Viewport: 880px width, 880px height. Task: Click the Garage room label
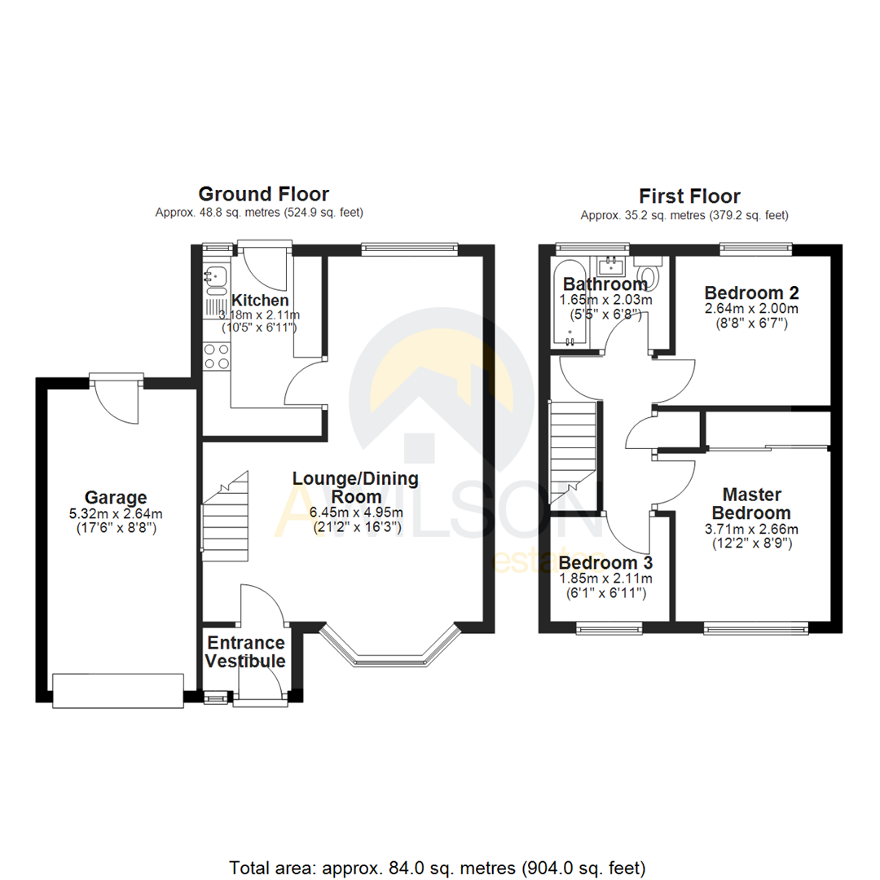click(x=116, y=497)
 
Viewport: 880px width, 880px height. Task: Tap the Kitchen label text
click(x=260, y=300)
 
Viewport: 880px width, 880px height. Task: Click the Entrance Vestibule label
click(x=245, y=652)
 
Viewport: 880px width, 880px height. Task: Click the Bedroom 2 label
click(x=751, y=293)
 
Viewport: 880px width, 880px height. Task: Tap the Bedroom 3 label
click(x=605, y=563)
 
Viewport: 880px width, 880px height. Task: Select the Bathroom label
click(x=605, y=284)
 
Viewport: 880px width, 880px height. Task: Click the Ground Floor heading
click(x=264, y=194)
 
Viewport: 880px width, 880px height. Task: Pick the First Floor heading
click(x=689, y=196)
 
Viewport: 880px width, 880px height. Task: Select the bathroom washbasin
click(x=609, y=265)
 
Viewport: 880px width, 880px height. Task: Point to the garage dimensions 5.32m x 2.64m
click(x=116, y=513)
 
